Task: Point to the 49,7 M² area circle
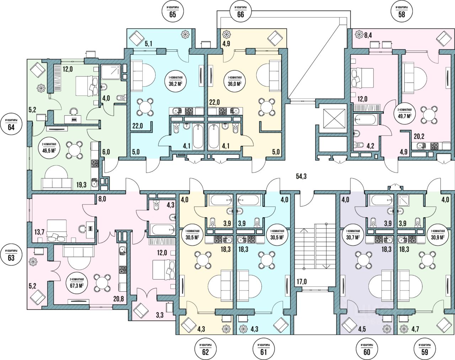[x=405, y=113]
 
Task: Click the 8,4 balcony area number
[x=368, y=35]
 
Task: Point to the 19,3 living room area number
[x=82, y=185]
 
